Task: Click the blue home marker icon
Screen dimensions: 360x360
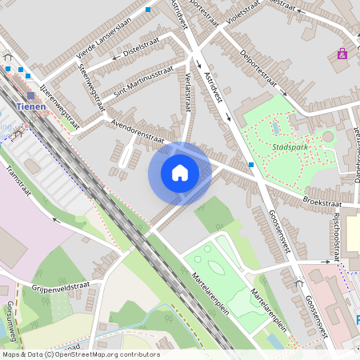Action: tap(180, 173)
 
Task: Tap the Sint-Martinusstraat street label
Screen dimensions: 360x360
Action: tap(131, 82)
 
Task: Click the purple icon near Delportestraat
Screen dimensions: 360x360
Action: tap(342, 54)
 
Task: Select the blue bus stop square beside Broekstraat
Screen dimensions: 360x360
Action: tap(251, 165)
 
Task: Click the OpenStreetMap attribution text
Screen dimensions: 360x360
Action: tap(80, 354)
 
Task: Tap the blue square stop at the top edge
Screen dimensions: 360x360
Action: tap(148, 10)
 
